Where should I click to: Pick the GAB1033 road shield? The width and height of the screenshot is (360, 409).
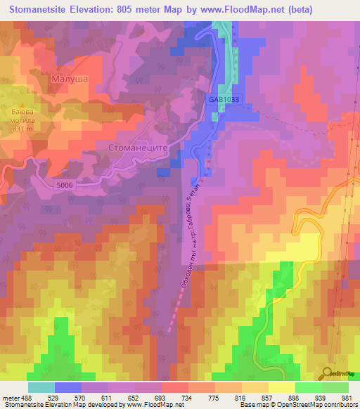tap(224, 100)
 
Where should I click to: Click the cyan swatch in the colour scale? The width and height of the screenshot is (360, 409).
tap(41, 387)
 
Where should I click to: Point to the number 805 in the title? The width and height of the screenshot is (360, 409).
tap(131, 9)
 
